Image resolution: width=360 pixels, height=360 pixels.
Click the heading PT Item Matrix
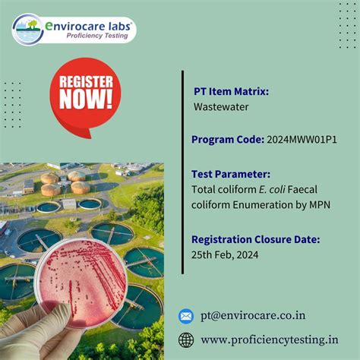[231, 92]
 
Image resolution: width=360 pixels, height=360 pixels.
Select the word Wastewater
[221, 107]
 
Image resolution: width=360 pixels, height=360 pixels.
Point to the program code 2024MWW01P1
[311, 140]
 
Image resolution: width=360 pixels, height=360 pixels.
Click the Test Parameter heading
[231, 173]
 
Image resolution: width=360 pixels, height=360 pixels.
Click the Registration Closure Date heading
[255, 239]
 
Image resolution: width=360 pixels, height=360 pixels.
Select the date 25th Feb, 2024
[226, 254]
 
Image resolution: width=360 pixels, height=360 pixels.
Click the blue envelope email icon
[186, 316]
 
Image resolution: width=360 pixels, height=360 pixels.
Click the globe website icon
[186, 339]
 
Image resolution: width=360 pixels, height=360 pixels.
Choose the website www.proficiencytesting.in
[270, 339]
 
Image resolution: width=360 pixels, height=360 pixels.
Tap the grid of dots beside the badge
[12, 104]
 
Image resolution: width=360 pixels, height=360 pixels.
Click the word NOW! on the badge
[86, 99]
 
